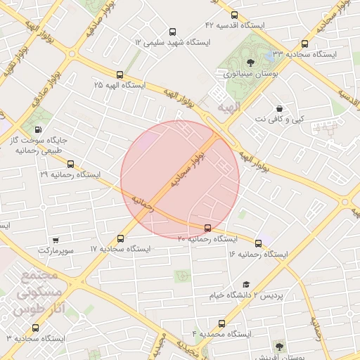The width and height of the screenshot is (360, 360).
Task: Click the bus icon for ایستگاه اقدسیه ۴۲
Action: pos(234,15)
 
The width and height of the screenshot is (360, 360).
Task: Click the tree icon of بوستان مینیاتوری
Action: pos(269,59)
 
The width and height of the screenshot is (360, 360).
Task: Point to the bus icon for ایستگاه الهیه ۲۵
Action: pos(120,74)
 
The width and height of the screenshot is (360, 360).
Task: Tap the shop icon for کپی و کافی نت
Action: pos(281,108)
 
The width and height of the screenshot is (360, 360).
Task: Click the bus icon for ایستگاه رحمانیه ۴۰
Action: pos(207,228)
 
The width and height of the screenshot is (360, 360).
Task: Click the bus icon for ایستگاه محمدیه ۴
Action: pos(222,323)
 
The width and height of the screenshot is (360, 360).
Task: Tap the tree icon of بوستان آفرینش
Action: pos(279,346)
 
